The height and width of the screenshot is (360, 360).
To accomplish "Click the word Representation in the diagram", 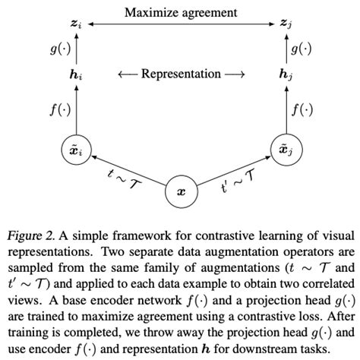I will (x=181, y=75).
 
